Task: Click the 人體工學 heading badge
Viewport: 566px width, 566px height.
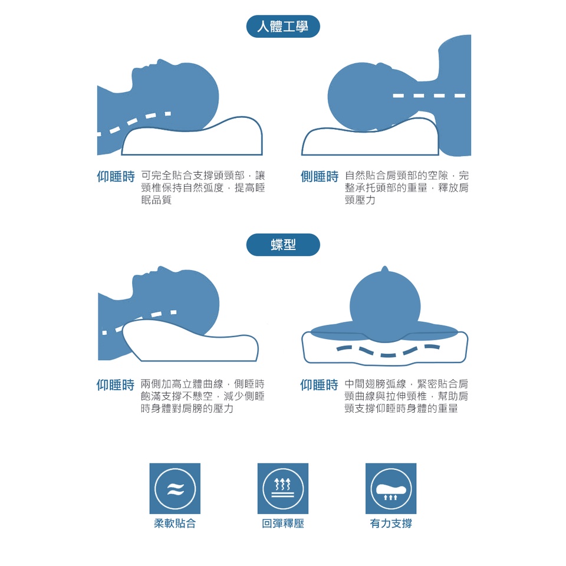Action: click(x=283, y=27)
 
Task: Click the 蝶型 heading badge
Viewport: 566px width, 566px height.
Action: click(x=283, y=245)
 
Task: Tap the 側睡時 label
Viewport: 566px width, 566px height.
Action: click(x=320, y=176)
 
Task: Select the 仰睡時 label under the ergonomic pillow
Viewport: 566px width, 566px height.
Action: click(x=116, y=176)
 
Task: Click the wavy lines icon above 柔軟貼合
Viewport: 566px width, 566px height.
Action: click(x=175, y=488)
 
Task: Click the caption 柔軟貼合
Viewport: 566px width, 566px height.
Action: click(x=175, y=524)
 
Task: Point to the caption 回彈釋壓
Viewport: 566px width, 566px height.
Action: click(x=283, y=524)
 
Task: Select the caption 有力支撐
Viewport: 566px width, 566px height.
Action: click(x=391, y=524)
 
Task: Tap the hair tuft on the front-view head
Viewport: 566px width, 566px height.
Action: click(x=385, y=269)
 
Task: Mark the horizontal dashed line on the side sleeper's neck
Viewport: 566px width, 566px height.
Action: click(x=429, y=96)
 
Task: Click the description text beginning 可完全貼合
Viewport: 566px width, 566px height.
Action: click(x=203, y=187)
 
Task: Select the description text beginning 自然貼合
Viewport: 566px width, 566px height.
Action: click(x=407, y=187)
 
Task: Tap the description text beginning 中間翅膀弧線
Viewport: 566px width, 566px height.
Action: click(x=406, y=396)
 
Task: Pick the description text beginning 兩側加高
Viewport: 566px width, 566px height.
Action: click(x=202, y=396)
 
